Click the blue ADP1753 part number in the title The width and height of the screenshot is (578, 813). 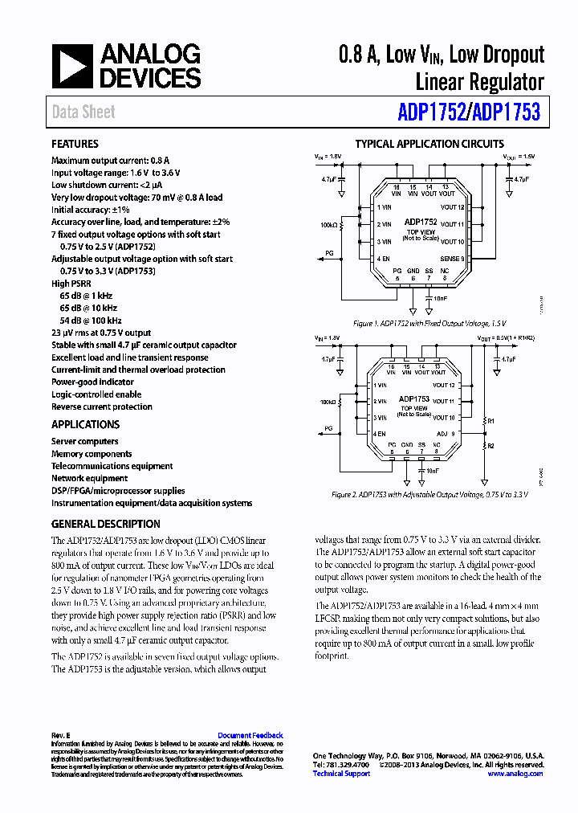[x=507, y=113]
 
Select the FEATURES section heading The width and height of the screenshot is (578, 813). [x=75, y=145]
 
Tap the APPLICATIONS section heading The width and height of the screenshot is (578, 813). [x=85, y=424]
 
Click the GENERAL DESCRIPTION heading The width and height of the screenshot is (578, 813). [x=105, y=524]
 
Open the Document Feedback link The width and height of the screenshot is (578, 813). [x=250, y=736]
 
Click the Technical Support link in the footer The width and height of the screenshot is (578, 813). [x=341, y=774]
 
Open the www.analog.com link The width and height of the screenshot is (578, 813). [x=515, y=774]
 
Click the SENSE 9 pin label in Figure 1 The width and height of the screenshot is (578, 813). [x=452, y=259]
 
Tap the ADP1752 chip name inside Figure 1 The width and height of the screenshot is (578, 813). [x=421, y=222]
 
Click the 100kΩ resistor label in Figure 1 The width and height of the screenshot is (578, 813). [x=329, y=226]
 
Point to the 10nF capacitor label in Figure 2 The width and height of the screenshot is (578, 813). [x=433, y=471]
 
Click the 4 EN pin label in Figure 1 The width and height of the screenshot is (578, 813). [x=384, y=259]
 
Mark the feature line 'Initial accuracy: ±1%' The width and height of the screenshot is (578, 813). [x=91, y=209]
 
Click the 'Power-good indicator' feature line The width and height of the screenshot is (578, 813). [x=92, y=382]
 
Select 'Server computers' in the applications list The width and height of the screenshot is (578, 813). [x=84, y=441]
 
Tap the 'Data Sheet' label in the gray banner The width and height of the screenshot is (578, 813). [x=83, y=112]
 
